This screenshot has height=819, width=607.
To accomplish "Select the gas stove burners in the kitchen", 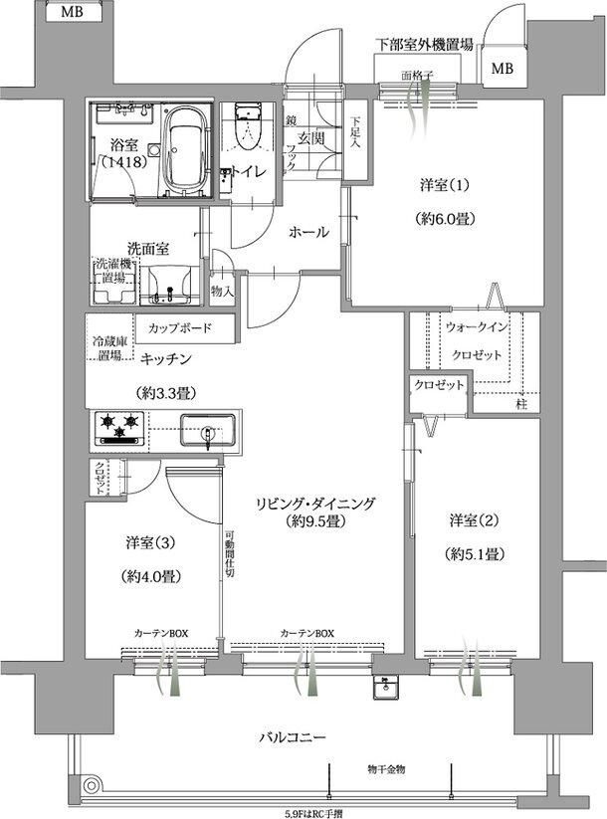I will click(120, 428).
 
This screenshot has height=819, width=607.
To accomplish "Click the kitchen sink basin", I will click(207, 432).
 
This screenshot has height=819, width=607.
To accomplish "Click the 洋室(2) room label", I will click(473, 520).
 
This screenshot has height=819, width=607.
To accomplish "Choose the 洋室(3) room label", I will click(151, 542).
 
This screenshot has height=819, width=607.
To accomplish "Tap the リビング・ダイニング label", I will click(314, 504).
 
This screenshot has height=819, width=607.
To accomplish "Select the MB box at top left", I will click(72, 13).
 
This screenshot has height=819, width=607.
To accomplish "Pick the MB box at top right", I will click(503, 69).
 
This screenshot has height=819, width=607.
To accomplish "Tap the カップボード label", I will click(180, 326).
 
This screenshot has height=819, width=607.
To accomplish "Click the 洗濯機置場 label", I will click(110, 272).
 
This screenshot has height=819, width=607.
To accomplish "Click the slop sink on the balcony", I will click(387, 688).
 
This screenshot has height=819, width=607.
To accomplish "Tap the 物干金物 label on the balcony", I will click(385, 769).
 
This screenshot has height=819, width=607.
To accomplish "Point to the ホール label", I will click(308, 232).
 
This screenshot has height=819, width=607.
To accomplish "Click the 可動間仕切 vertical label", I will click(229, 551).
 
